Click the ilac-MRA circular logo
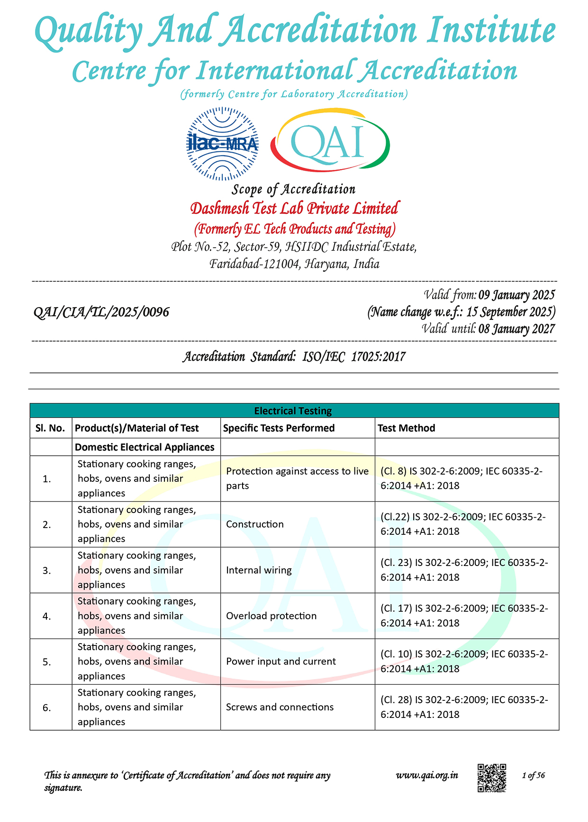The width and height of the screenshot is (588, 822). (x=223, y=143)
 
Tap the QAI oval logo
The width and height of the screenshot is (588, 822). (x=330, y=141)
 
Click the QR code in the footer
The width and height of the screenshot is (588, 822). (x=491, y=778)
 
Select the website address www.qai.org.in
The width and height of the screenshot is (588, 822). (x=427, y=775)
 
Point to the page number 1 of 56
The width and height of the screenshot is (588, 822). (x=533, y=775)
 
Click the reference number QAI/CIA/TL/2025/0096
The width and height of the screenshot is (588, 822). (x=101, y=312)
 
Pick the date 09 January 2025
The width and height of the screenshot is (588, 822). (x=516, y=295)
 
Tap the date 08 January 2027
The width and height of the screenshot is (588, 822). (x=516, y=329)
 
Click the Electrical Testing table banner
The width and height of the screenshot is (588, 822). (x=294, y=411)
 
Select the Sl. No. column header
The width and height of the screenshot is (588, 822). (x=50, y=428)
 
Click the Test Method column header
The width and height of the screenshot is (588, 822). (x=406, y=428)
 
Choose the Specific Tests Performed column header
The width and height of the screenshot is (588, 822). (x=279, y=428)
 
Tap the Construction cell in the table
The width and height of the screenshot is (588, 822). (x=255, y=524)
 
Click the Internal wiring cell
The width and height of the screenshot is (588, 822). (x=259, y=570)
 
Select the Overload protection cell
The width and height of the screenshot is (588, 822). (x=271, y=616)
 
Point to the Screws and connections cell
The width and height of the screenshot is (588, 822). (x=280, y=707)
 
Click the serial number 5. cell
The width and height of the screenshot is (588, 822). (x=47, y=662)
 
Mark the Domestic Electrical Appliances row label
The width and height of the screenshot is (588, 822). (x=145, y=447)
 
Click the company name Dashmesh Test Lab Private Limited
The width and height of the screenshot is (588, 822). (x=294, y=208)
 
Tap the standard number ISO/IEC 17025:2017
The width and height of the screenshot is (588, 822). (x=354, y=357)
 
